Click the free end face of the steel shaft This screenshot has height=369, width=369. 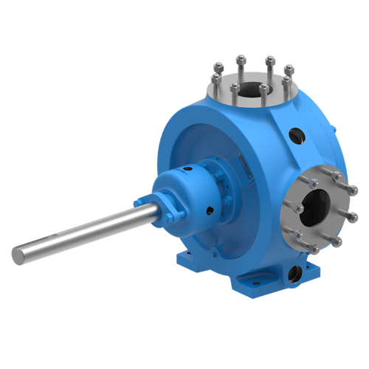point(15,253)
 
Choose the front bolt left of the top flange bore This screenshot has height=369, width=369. point(233,89)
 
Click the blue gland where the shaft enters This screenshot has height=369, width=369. point(143,204)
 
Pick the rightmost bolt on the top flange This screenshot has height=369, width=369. point(290,70)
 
